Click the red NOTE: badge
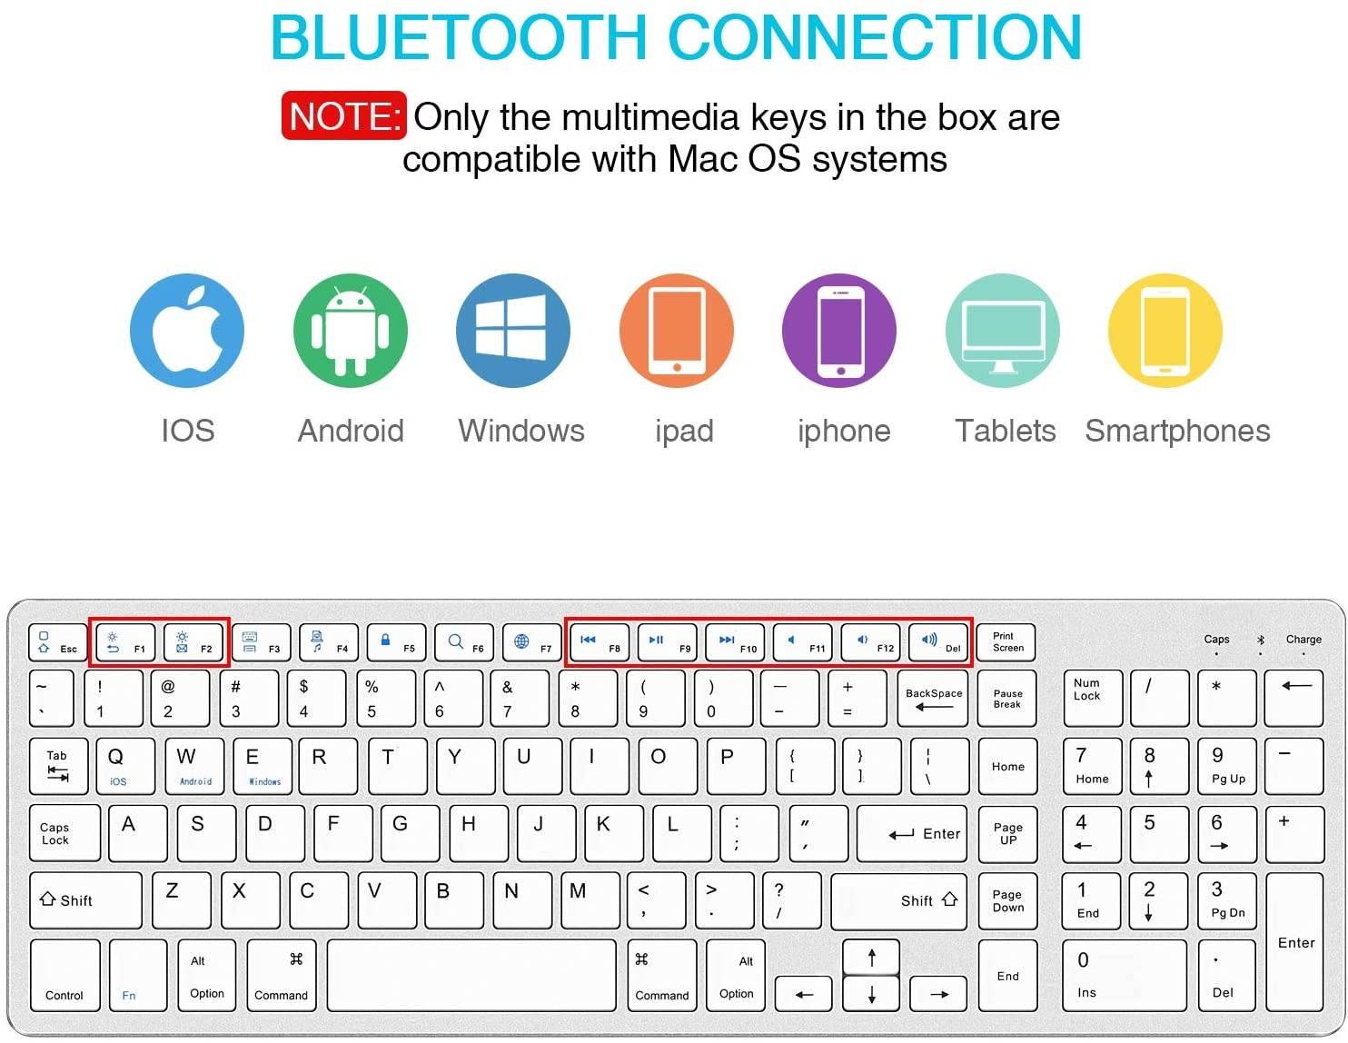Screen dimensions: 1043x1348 343,115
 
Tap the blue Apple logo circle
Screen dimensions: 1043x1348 187,331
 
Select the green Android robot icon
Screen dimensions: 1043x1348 351,331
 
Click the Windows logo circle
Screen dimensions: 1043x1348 513,331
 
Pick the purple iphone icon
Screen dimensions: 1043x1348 839,331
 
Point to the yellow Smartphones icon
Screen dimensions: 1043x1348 1165,331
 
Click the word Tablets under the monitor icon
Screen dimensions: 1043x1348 1005,431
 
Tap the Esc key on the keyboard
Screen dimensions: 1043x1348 58,642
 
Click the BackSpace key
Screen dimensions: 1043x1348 933,698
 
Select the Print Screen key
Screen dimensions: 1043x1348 1006,642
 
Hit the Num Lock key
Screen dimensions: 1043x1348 1092,698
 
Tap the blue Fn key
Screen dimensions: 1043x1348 137,976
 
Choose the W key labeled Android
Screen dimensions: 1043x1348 195,766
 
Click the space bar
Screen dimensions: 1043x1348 471,976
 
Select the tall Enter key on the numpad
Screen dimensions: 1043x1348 1295,941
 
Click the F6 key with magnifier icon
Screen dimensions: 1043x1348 464,642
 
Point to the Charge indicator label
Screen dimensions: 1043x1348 1303,640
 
